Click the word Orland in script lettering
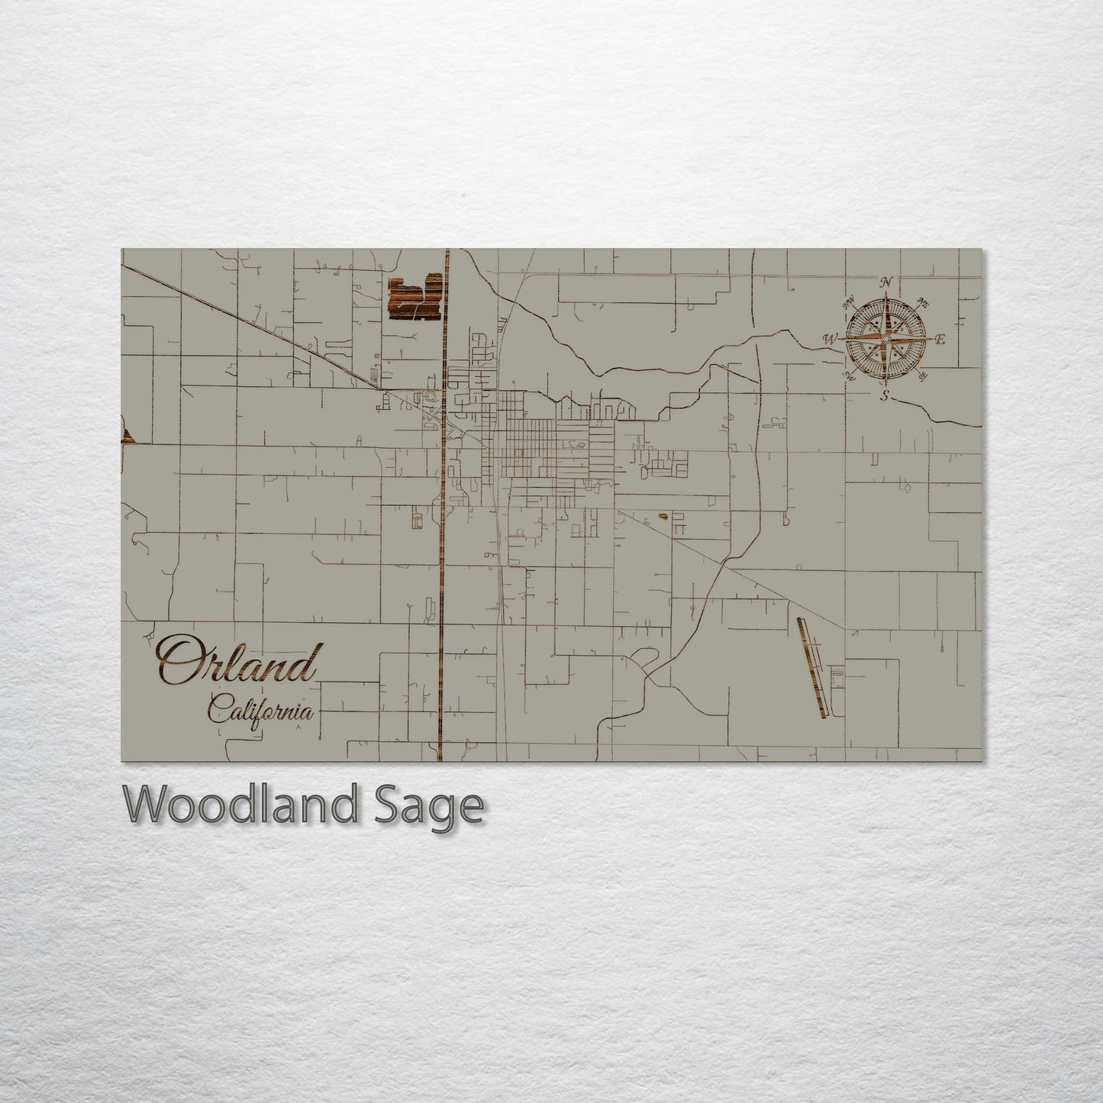237,663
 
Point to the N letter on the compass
885,283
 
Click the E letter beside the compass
940,340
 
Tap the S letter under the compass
885,395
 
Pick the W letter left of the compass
830,338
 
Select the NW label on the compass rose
847,303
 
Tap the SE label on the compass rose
923,376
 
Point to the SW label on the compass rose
850,376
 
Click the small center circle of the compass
885,338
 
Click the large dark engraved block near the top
416,298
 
